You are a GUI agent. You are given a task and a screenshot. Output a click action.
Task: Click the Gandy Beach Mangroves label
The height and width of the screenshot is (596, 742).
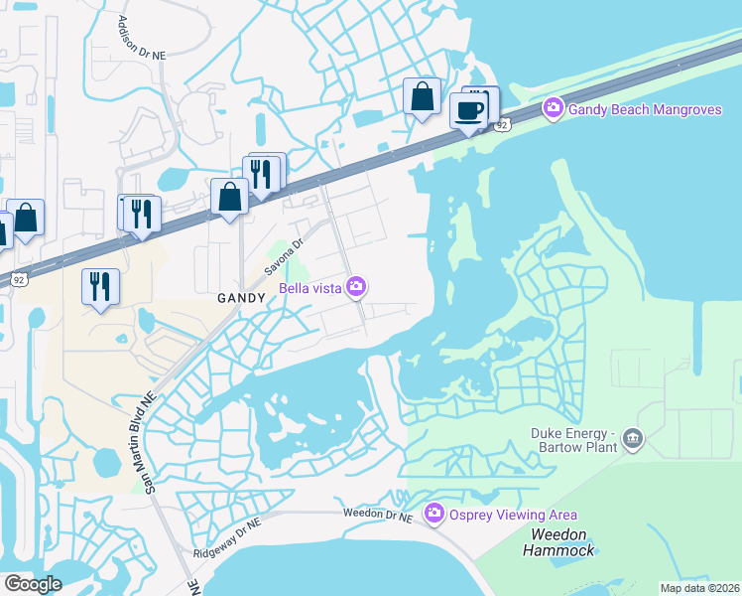click(645, 108)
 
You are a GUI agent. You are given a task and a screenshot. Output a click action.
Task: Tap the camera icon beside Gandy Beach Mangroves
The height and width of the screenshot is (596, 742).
click(553, 107)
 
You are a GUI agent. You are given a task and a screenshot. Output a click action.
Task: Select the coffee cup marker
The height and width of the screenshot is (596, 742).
click(469, 109)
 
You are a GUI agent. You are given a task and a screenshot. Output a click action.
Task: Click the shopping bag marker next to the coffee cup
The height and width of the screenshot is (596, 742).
click(423, 97)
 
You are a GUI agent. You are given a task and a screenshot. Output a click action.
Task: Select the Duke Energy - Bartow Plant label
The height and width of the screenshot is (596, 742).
click(573, 440)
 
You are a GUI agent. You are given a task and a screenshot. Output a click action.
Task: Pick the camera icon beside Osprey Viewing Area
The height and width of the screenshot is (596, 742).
click(433, 514)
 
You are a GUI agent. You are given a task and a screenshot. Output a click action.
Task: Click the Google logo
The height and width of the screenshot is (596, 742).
click(32, 583)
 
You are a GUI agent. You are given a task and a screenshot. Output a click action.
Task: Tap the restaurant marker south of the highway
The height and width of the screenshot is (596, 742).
click(100, 286)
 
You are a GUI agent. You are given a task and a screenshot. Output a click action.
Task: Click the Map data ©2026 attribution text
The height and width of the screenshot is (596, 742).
click(699, 588)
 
